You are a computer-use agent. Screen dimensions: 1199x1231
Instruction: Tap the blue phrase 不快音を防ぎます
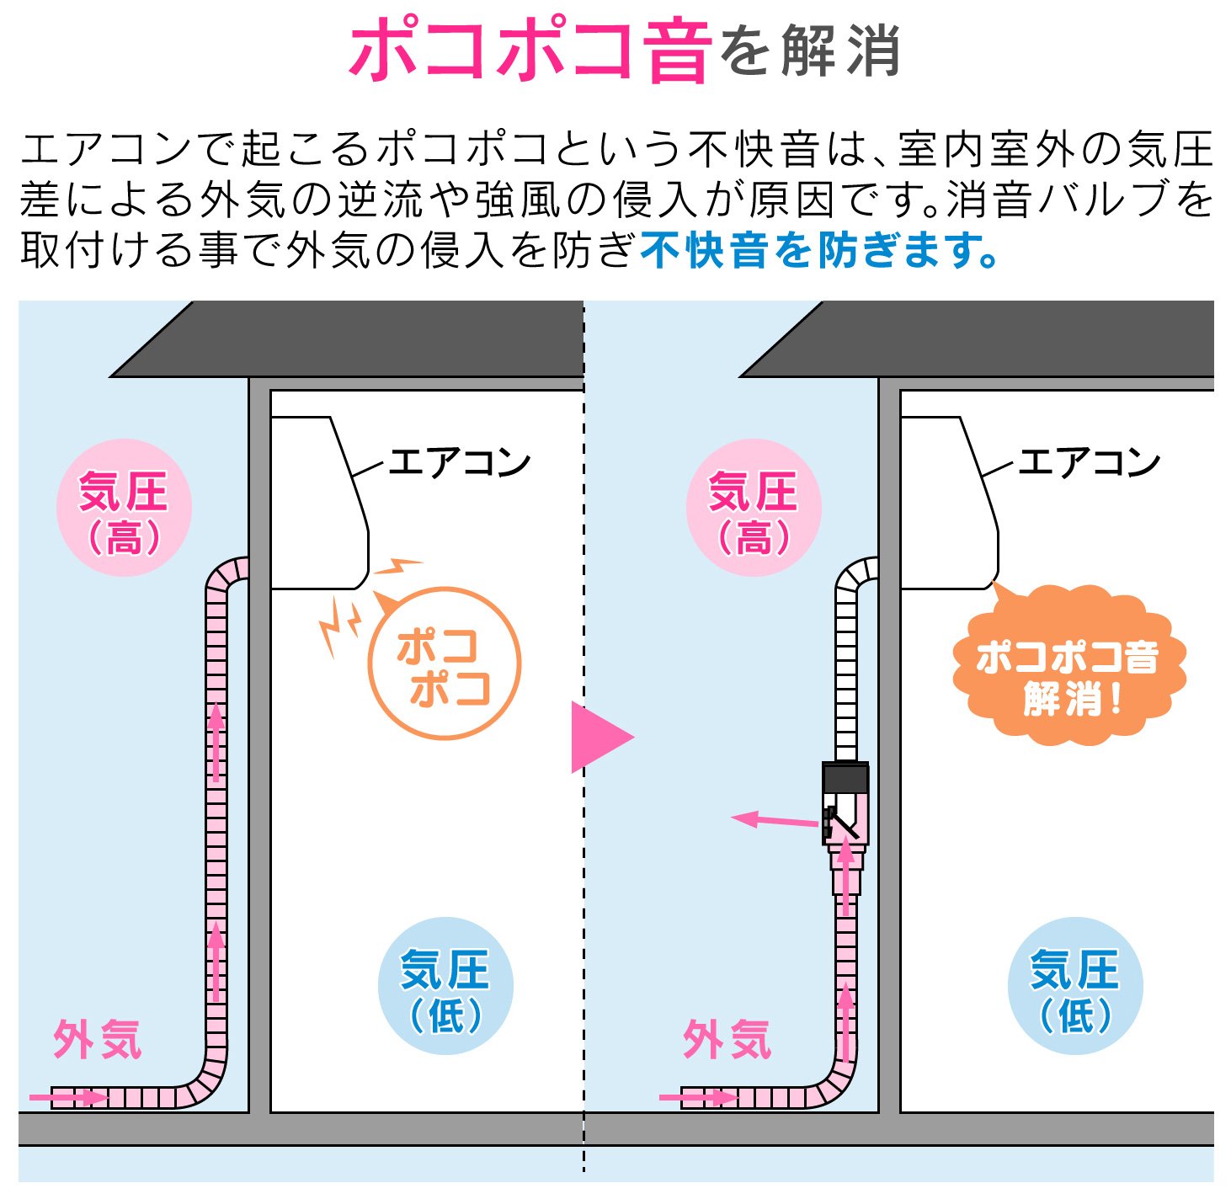click(x=818, y=250)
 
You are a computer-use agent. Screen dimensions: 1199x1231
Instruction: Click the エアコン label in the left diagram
click(x=460, y=462)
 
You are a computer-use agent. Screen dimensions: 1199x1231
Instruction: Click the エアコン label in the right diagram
click(x=1090, y=462)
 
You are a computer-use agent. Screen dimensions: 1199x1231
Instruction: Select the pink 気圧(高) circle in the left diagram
click(x=124, y=508)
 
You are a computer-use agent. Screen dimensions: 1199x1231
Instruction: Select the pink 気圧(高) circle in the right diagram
click(x=754, y=508)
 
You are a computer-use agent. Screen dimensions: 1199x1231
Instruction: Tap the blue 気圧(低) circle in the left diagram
click(x=445, y=985)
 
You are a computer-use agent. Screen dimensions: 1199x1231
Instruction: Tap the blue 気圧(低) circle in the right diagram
click(x=1075, y=985)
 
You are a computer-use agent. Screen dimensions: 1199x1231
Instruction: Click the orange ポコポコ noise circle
click(x=445, y=664)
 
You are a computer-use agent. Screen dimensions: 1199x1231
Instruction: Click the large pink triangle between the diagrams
click(x=599, y=737)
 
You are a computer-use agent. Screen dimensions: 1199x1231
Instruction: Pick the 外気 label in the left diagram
click(x=97, y=1040)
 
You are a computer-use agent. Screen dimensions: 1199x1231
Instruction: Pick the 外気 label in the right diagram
click(x=727, y=1040)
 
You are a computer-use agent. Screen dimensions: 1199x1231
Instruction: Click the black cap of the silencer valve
click(x=845, y=776)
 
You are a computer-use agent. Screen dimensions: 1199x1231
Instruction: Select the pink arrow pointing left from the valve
click(x=775, y=820)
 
